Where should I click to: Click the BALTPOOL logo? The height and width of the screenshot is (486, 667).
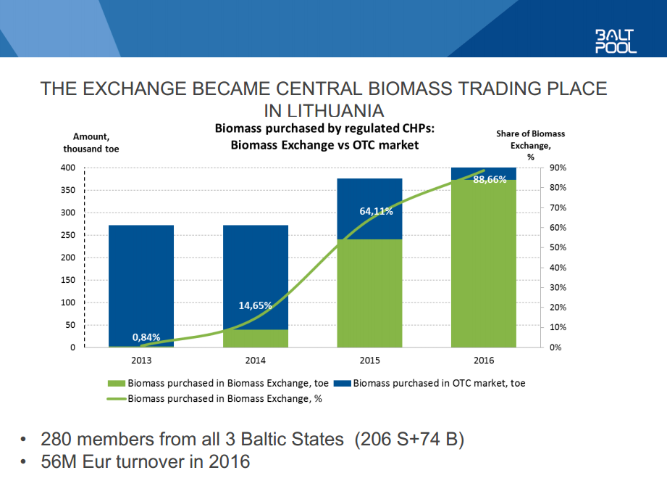(616, 41)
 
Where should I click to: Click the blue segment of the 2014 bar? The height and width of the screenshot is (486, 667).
(256, 268)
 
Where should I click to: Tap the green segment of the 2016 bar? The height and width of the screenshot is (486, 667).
(484, 268)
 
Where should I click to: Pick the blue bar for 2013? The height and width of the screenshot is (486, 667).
(141, 283)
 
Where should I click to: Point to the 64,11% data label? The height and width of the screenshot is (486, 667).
(376, 212)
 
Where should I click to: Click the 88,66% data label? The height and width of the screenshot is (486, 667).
(490, 180)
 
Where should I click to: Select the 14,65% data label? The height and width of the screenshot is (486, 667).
(255, 305)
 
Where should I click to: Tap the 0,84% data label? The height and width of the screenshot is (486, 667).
(146, 337)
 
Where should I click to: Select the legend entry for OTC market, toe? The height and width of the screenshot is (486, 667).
(439, 383)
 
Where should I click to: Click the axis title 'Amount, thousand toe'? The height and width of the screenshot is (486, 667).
(91, 142)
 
